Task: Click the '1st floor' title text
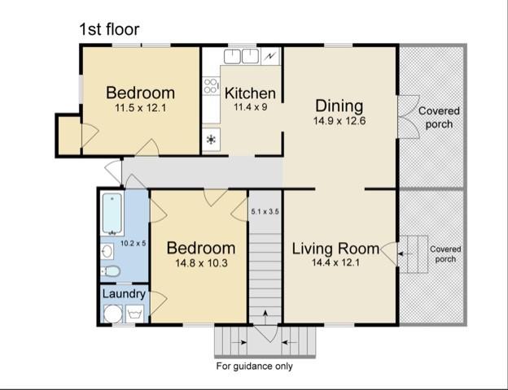point(109,29)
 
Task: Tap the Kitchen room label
point(250,93)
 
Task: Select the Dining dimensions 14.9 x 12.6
point(339,121)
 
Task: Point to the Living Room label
point(335,249)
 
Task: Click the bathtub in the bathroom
point(112,214)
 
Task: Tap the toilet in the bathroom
point(111,271)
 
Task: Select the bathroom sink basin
point(107,251)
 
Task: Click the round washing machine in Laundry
point(112,314)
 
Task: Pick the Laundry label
point(124,294)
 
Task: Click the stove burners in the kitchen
point(211,85)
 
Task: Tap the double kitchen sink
point(241,56)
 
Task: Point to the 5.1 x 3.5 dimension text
point(265,212)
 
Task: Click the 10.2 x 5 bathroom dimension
point(134,243)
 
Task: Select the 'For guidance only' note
point(254,366)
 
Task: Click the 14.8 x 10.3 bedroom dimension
point(201,263)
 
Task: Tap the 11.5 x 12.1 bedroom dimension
point(140,108)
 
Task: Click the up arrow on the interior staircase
point(265,318)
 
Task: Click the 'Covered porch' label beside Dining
point(439,117)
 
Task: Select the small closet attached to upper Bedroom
point(69,135)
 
